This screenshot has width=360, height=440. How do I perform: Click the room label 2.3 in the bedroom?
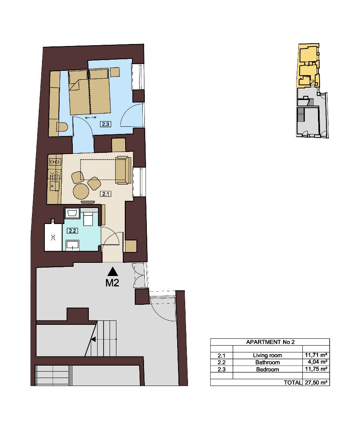click(x=106, y=124)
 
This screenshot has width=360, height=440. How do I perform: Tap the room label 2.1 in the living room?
click(x=106, y=194)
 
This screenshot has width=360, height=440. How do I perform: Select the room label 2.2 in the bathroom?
click(x=72, y=231)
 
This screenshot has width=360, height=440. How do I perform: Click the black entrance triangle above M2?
click(x=113, y=271)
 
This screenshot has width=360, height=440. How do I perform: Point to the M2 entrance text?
click(x=112, y=283)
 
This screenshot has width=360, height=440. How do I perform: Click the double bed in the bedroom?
click(x=89, y=92)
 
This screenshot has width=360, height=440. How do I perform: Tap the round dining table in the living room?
click(x=81, y=192)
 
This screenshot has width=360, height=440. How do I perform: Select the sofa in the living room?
click(x=123, y=170)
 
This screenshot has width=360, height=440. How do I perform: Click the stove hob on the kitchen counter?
click(x=55, y=162)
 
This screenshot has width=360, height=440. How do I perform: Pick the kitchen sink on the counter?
click(x=55, y=186)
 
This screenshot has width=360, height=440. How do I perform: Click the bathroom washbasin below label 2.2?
click(x=73, y=245)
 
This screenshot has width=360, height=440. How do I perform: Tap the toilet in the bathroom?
click(x=89, y=219)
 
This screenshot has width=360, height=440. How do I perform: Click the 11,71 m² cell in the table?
click(x=316, y=355)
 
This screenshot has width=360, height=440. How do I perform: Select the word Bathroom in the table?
click(x=268, y=362)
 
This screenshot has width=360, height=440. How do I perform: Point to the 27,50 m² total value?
click(x=316, y=382)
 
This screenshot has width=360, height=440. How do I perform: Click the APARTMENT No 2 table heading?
click(x=270, y=342)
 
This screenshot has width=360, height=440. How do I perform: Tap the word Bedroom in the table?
click(x=268, y=369)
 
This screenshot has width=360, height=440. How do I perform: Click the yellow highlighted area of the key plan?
click(x=308, y=66)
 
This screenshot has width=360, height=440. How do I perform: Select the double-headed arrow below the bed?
click(x=91, y=117)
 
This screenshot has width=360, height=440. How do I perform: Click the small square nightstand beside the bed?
click(x=115, y=72)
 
